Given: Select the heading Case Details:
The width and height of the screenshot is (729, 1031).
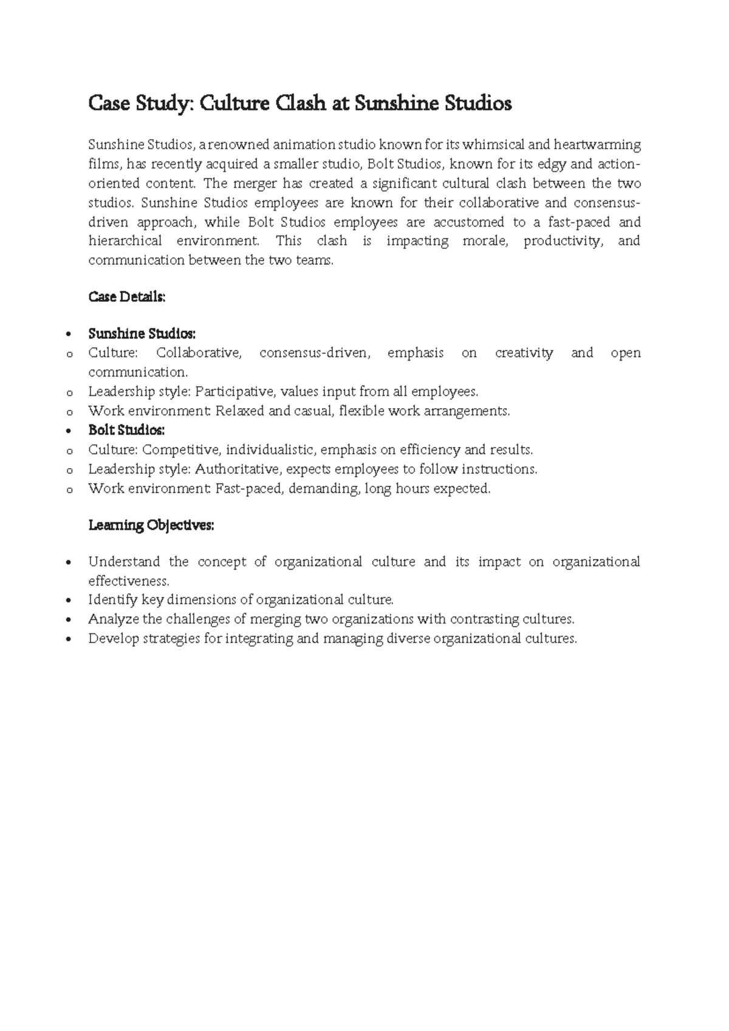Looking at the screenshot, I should point(127,297).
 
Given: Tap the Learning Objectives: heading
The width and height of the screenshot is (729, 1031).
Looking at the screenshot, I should point(151,525).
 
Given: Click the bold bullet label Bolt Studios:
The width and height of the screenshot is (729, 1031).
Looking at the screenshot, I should point(126,430).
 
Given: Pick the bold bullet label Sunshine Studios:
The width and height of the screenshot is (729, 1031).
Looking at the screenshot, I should point(142,333).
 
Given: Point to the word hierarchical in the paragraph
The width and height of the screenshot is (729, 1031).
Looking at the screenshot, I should point(125,241).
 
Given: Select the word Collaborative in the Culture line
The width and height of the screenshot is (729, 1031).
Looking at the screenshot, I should point(198,353).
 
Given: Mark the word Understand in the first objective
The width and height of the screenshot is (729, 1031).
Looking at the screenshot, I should point(124,562).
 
